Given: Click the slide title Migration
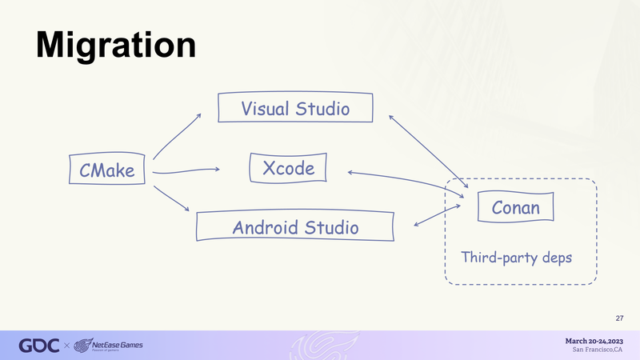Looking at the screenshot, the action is (x=116, y=46).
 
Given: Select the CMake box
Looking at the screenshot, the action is (x=107, y=169).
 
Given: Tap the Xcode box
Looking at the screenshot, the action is (x=288, y=168).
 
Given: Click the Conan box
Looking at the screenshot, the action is (x=515, y=207).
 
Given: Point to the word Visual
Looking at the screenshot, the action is (x=266, y=109).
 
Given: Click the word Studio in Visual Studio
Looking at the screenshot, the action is (x=322, y=109).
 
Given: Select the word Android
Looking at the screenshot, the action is (x=266, y=227).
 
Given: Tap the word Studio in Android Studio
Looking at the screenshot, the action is (x=331, y=227).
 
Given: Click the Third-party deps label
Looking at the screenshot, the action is (x=516, y=258).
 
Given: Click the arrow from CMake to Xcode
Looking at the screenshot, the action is (x=186, y=170).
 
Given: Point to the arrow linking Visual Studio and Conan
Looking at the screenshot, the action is (x=428, y=151).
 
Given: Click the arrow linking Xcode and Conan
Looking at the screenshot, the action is (x=406, y=179).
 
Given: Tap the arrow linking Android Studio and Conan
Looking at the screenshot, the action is (x=437, y=215).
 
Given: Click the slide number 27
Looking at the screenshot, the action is (x=619, y=318).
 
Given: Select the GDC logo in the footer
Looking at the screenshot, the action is (x=38, y=346).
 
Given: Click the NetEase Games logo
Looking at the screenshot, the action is (x=108, y=346).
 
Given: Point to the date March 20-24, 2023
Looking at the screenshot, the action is (x=594, y=341).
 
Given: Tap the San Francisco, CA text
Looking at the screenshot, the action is (x=597, y=350).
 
